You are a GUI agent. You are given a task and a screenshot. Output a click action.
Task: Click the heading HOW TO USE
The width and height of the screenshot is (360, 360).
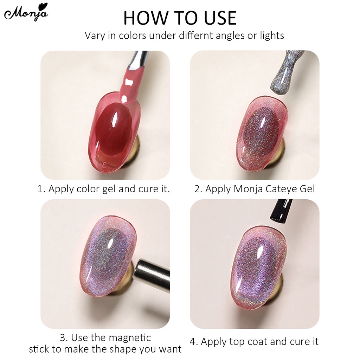tap(180, 18)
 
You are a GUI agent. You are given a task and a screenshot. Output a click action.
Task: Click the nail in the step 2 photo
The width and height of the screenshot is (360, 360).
tap(262, 134)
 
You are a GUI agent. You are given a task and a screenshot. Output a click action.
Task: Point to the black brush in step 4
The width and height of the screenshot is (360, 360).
tap(281, 210)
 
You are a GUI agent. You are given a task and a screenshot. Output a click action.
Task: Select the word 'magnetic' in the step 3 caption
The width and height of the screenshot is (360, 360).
tap(130, 338)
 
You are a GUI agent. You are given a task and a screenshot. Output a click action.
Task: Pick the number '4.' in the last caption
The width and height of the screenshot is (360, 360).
tap(194, 341)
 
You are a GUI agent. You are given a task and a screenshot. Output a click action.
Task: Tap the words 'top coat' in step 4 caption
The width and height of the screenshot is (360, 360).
tap(251, 342)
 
